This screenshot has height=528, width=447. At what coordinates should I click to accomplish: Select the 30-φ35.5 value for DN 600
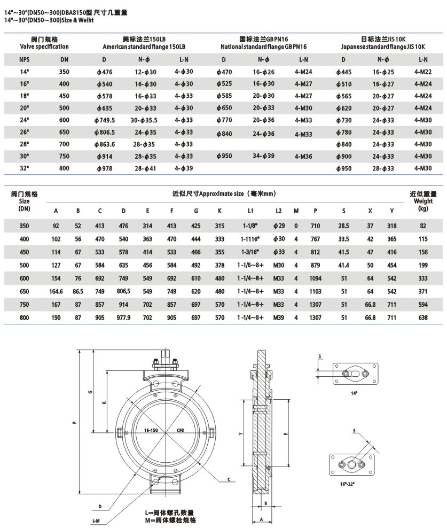(145, 120)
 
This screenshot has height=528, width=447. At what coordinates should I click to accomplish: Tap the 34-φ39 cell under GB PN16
(264, 156)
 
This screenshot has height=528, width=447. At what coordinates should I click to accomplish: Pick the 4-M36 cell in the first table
(303, 157)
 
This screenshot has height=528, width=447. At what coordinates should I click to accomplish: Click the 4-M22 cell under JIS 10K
(423, 72)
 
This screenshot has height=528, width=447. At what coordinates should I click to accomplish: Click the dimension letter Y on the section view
(241, 434)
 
